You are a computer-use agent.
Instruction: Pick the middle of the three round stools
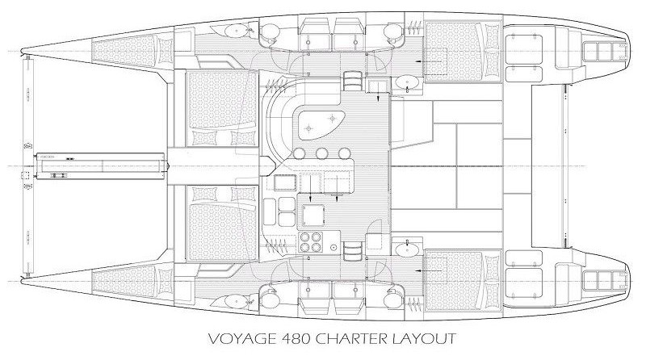[321, 154]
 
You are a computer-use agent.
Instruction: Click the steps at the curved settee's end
[352, 81]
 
